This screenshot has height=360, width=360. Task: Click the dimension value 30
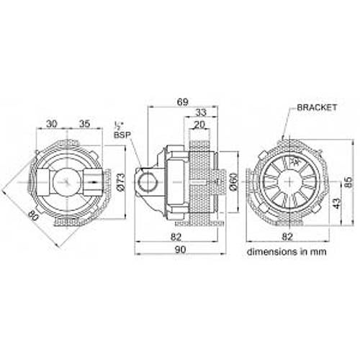click(x=52, y=124)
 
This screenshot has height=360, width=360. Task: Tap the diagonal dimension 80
click(x=32, y=214)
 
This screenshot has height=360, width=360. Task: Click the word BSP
click(x=120, y=134)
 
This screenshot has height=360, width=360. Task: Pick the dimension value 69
click(x=183, y=103)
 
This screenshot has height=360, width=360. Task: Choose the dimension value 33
click(x=202, y=113)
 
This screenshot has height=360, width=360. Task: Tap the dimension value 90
click(x=180, y=249)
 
